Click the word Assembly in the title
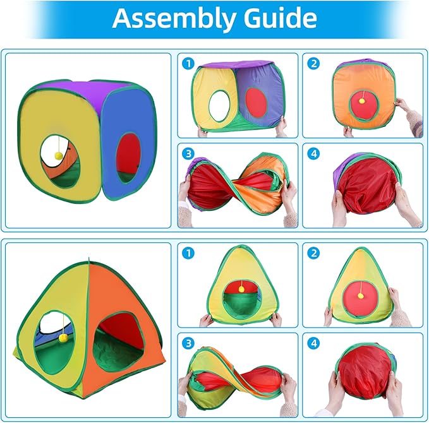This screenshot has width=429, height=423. point(174,18)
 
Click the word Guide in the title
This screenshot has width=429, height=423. point(280,18)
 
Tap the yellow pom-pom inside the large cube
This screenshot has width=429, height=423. point(59,156)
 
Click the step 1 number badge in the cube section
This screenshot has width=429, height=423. point(188,64)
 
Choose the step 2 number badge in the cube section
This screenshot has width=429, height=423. point(313,64)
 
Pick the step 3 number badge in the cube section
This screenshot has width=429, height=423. point(188,153)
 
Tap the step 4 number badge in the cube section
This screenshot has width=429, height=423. point(313,153)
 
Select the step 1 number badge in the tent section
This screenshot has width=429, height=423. point(188,253)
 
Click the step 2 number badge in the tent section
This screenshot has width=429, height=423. point(313,253)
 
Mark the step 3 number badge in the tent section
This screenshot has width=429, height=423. point(188,343)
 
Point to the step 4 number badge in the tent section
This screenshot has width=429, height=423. point(313,343)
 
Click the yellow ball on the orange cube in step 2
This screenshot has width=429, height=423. point(362,101)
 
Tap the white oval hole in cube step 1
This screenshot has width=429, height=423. point(219,106)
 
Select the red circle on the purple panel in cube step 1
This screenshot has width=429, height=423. point(256,102)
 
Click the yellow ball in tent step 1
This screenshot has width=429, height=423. point(241,289)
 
